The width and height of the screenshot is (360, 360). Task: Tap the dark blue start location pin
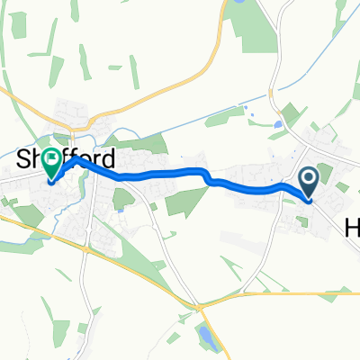coord(308,183)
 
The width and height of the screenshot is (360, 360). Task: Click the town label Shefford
coord(67,161)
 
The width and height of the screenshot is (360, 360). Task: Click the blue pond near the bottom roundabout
coord(207,337)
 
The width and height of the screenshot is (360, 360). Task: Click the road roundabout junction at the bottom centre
coord(201,306)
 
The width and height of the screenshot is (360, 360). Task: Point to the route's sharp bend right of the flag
coord(79,161)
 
